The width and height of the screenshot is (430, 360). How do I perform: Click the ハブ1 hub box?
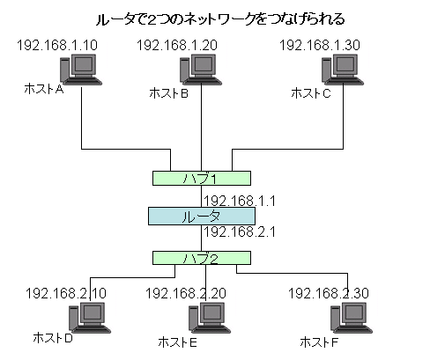point(202,178)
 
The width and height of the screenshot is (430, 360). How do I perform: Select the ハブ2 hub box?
point(202,258)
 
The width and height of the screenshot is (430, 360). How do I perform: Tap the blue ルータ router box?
point(202,217)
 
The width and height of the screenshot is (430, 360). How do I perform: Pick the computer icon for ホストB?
point(201,70)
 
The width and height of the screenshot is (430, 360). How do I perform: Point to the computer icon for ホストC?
point(343,70)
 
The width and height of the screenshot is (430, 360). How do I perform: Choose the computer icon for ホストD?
point(90,318)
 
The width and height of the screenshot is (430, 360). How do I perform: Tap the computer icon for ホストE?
point(210,318)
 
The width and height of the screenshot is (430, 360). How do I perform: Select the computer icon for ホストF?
point(352,318)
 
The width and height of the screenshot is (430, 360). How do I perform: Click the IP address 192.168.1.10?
point(57,45)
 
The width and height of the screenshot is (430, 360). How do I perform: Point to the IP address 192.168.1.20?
point(177,45)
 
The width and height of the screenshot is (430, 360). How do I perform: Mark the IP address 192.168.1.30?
point(320,45)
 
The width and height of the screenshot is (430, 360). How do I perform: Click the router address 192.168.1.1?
point(240,201)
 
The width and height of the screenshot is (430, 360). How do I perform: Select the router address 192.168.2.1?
point(240,231)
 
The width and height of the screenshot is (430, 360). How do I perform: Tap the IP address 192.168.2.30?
point(329,293)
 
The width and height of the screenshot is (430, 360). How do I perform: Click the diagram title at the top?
point(220,19)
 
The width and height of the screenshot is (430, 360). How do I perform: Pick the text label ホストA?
point(44,89)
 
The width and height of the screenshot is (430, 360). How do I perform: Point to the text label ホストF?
point(319,342)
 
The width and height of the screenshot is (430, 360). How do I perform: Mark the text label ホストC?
point(311,93)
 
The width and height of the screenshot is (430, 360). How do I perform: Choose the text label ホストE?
point(178,342)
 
